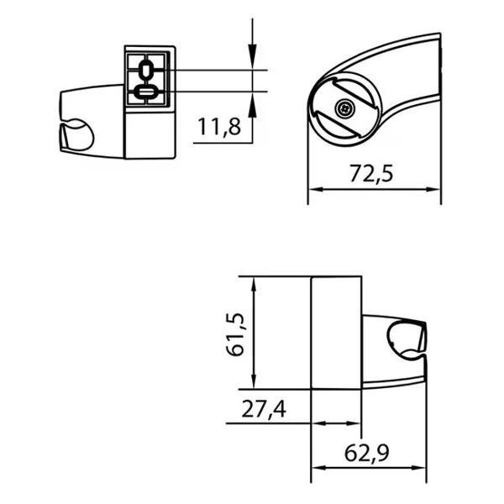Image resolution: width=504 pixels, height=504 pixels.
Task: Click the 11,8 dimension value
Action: click(219, 126)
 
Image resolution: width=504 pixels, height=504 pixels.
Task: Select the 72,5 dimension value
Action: click(371, 173)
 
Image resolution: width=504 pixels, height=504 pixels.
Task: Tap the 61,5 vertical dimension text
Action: click(234, 334)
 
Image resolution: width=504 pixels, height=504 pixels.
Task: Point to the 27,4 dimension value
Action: click(264, 409)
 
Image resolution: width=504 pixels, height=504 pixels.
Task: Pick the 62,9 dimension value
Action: click(367, 454)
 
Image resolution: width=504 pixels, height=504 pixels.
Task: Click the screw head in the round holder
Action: click(344, 109)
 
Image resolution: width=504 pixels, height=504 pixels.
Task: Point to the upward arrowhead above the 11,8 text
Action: click(252, 104)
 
